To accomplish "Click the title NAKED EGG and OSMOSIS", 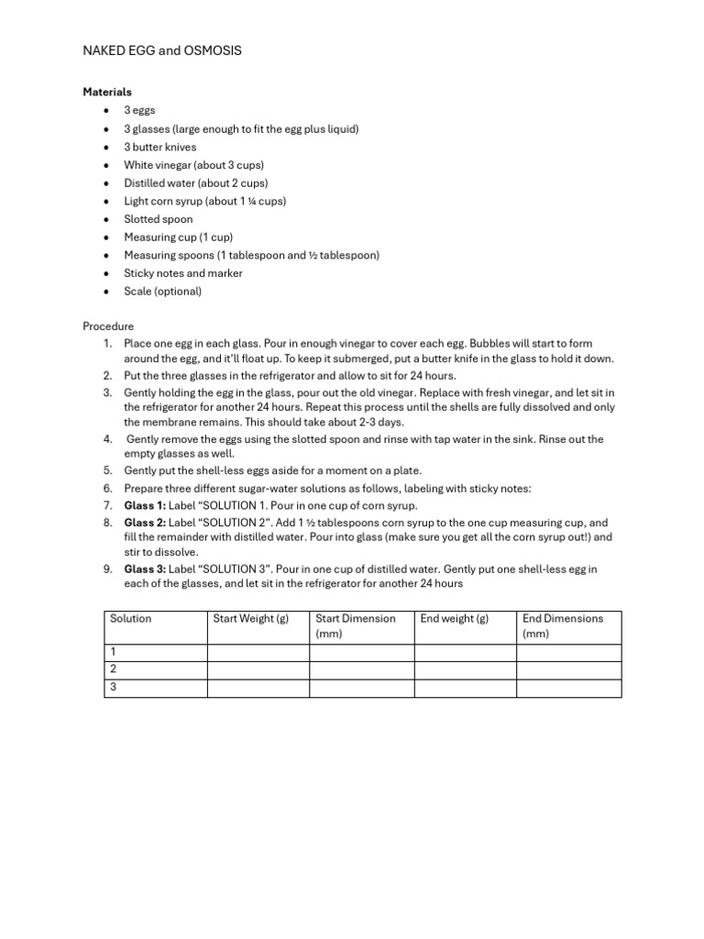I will pos(162,51).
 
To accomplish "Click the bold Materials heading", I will pos(107,92).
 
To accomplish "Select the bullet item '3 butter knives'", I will pos(160,147).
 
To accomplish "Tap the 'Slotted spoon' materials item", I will pos(159,219).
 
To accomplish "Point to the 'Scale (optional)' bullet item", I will pos(163,292).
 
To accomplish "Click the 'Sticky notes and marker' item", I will pos(183,273).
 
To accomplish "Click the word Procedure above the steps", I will pos(108,326).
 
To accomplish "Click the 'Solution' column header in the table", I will pos(131,619).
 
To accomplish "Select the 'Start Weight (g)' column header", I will pos(251,619).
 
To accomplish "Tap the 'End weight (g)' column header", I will pos(455,619).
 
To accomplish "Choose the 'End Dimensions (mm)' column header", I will pos(563,625).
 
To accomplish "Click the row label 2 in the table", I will pos(114,669).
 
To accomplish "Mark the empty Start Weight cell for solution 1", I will pos(258,652).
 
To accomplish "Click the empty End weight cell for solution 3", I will pos(465,687).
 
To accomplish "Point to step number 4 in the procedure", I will pos(107,439).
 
